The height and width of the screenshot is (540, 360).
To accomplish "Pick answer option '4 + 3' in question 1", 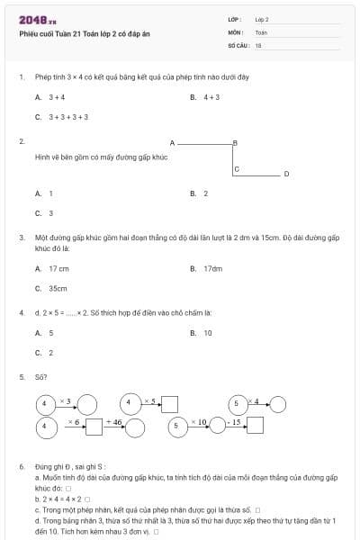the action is [x=211, y=96].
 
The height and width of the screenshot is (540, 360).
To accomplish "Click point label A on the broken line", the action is [x=171, y=142].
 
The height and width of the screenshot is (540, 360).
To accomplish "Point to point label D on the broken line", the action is [x=286, y=174].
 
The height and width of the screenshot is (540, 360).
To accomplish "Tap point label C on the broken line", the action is [x=237, y=168].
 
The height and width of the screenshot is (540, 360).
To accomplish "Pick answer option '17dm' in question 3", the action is [x=212, y=268].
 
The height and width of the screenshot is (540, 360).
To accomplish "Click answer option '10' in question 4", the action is [x=208, y=333].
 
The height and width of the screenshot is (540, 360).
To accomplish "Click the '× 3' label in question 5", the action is [x=66, y=400].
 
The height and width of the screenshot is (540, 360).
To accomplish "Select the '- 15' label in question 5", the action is [x=233, y=421].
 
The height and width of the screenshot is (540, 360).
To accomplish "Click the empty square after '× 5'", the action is [x=168, y=404].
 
